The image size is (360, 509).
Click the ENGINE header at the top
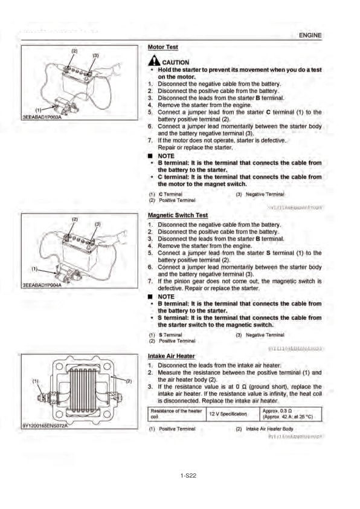(310, 36)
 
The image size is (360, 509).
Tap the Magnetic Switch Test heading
(178, 215)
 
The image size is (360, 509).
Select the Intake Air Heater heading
(171, 356)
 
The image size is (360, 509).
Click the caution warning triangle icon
(153, 61)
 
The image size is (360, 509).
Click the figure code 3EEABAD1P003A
(42, 116)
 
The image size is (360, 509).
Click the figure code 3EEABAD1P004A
(42, 285)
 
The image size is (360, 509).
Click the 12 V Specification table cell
(230, 413)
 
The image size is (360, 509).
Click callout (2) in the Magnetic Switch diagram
(75, 218)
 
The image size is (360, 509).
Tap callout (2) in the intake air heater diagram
(128, 381)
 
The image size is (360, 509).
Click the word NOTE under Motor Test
(166, 156)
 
